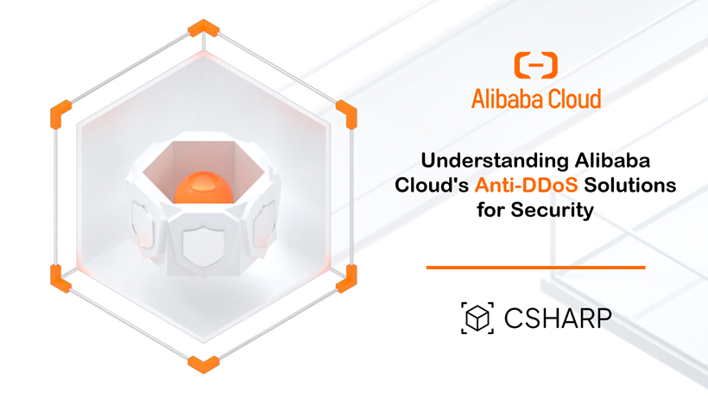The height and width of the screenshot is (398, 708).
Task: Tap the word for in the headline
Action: pos(491,210)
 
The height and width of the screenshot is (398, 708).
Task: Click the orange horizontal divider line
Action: pos(535,268)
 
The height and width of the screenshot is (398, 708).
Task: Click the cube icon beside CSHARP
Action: pos(477,319)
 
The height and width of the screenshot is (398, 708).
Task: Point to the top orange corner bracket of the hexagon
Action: pos(204,28)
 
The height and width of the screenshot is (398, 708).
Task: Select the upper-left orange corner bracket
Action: pos(60,112)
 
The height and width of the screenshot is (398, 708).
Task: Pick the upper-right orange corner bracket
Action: pos(346,112)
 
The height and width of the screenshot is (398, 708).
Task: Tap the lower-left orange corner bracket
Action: pos(60,276)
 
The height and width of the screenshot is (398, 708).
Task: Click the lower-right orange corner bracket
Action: pos(346,276)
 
